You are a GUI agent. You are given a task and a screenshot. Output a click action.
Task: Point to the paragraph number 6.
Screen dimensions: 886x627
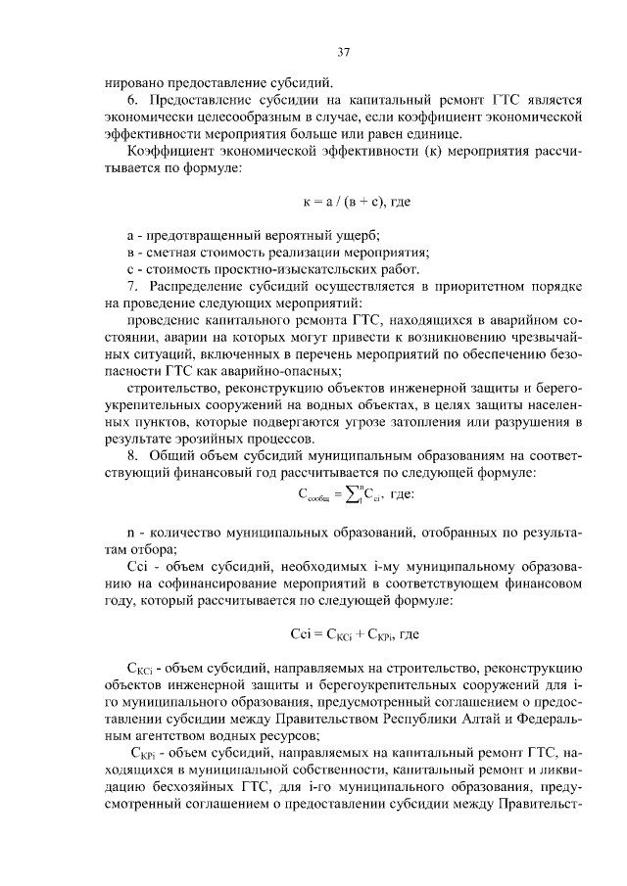(132, 100)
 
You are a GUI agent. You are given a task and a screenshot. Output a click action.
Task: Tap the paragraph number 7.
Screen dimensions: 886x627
(132, 285)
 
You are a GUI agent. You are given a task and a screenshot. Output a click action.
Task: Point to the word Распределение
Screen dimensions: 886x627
(199, 285)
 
